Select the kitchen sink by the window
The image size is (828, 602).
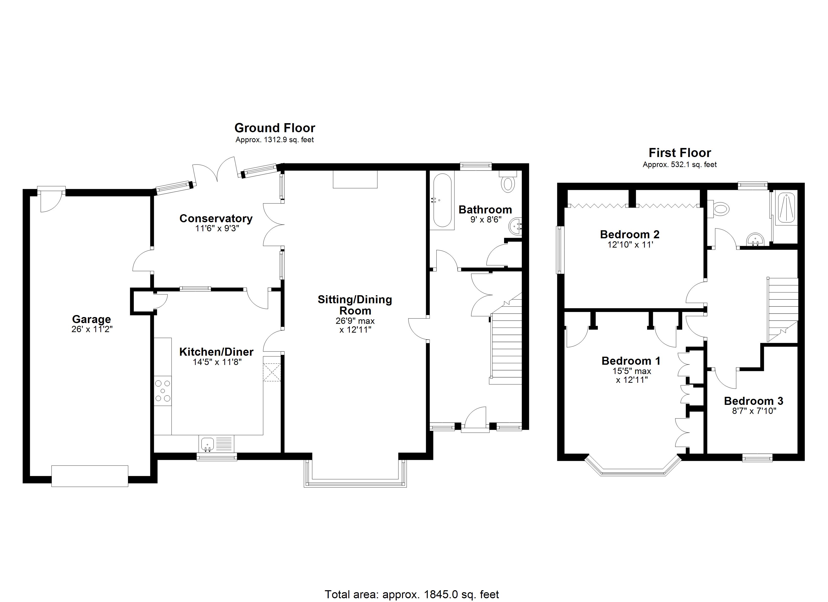point(207,444)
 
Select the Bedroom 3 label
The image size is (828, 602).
point(753,401)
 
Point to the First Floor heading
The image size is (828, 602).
point(679,153)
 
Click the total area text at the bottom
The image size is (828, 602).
point(411,594)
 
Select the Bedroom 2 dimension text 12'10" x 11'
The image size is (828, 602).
point(630,245)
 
